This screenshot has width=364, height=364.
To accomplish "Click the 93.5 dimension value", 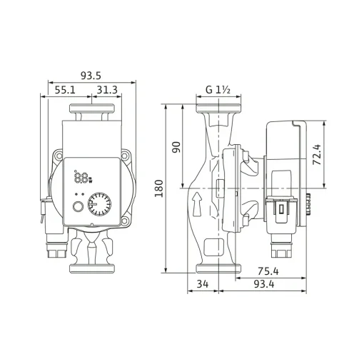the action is click(x=91, y=76).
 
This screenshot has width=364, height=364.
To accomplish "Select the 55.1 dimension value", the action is click(x=65, y=90).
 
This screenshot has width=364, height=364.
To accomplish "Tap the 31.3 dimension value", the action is click(x=107, y=90).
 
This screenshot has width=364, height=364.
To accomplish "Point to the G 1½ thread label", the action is click(x=218, y=90).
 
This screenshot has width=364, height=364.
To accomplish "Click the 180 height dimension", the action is click(x=159, y=188).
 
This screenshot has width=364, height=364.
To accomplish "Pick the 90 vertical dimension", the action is click(x=176, y=147).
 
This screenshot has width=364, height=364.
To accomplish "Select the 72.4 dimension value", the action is click(x=317, y=155).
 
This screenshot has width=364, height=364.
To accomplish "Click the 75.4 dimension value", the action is click(x=268, y=271).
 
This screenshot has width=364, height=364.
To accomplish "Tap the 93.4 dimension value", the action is click(x=264, y=284).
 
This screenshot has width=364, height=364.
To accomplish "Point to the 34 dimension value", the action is click(x=203, y=284).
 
